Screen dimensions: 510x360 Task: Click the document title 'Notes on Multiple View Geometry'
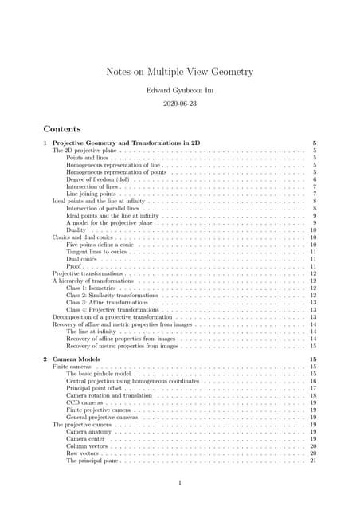180,72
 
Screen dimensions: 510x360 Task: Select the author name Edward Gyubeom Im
180,89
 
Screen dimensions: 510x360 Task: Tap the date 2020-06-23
180,104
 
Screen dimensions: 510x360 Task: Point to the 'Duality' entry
78,230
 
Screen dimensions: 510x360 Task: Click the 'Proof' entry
75,266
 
